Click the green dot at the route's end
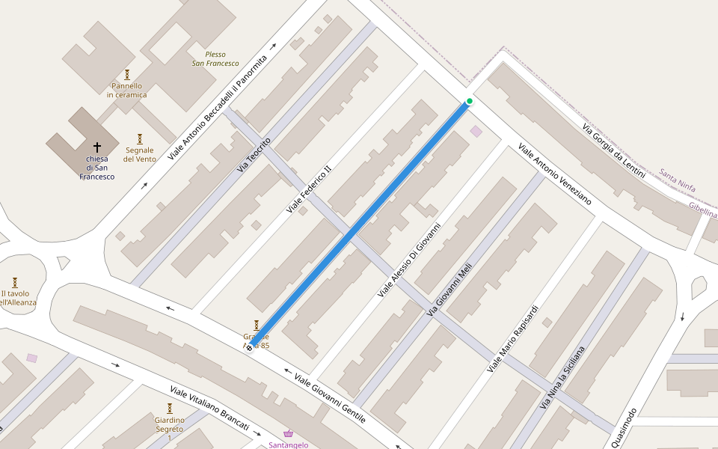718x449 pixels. [x=470, y=101]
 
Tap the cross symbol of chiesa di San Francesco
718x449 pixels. [x=96, y=147]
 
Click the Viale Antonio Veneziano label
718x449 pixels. [x=555, y=175]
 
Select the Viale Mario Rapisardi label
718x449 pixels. [x=513, y=339]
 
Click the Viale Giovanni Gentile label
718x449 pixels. [x=329, y=398]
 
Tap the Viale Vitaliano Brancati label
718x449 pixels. [x=209, y=408]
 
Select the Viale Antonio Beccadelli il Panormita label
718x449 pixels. [x=218, y=108]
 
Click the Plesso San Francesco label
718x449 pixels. [x=215, y=58]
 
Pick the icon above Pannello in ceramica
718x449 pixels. [x=127, y=75]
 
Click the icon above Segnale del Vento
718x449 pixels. [x=140, y=139]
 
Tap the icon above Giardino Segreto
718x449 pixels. [x=170, y=409]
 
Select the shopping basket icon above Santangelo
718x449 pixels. [x=289, y=434]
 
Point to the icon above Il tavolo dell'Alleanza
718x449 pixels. [x=15, y=283]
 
